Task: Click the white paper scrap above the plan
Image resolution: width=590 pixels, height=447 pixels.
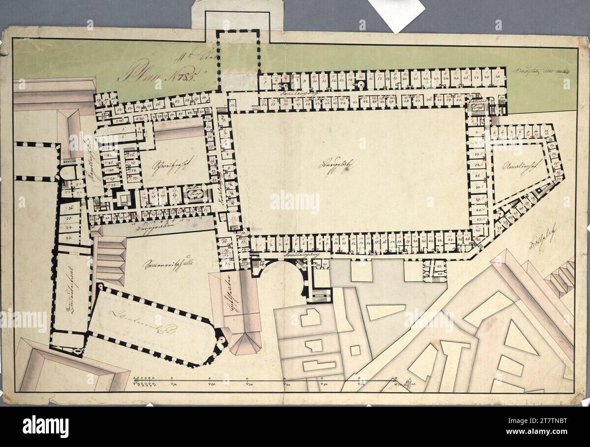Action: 397,14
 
